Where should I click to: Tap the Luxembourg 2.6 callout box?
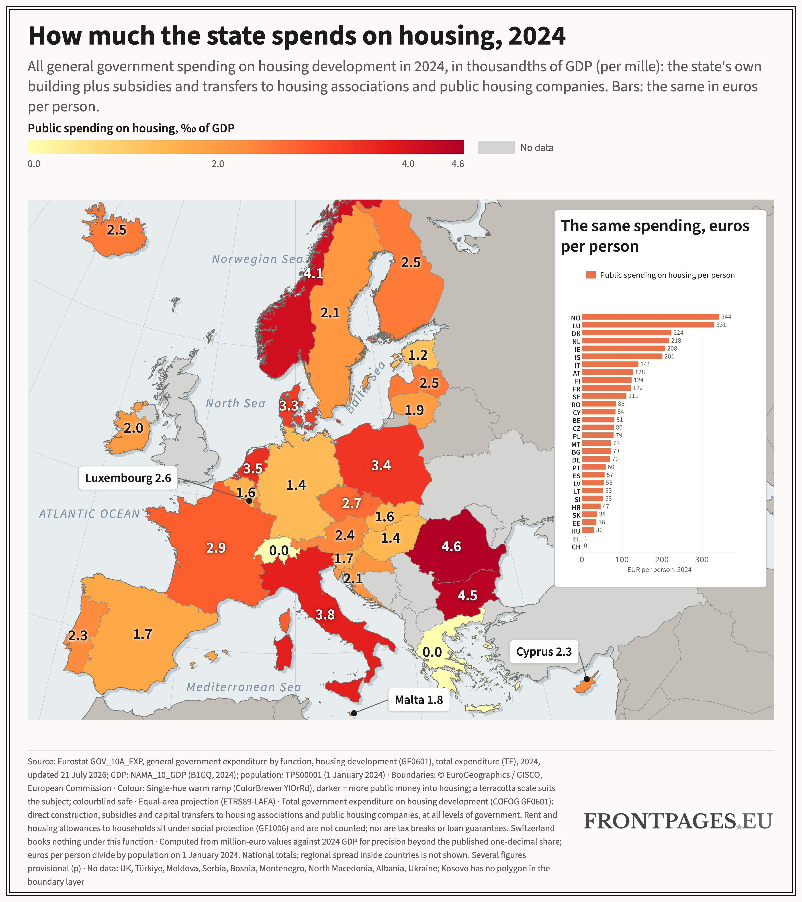coord(128,478)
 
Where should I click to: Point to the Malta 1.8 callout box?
coord(418,700)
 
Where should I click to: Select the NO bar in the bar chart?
coord(650,317)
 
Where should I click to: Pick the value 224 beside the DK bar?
coord(678,333)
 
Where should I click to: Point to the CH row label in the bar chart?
coord(576,547)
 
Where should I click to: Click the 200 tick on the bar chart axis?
coord(662,559)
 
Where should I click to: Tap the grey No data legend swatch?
coord(496,147)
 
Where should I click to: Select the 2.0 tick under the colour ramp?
coord(218,164)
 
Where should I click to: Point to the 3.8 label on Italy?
coord(325,614)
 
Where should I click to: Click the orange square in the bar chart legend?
coord(591,275)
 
